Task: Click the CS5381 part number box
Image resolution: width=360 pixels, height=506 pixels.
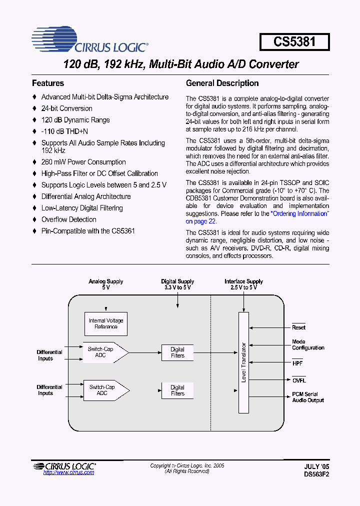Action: [294, 42]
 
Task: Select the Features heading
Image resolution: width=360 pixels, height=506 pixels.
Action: [48, 83]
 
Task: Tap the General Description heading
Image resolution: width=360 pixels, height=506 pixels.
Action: [222, 83]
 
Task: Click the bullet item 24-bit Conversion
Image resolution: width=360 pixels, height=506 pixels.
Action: [66, 108]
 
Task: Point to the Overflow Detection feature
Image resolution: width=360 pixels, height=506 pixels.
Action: [68, 219]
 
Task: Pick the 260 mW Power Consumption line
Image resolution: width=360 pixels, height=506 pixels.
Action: [83, 162]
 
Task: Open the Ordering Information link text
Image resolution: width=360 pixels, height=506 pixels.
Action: [299, 213]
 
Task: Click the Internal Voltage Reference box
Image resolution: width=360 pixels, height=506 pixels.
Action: [106, 323]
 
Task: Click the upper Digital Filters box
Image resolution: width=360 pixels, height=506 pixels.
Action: [177, 352]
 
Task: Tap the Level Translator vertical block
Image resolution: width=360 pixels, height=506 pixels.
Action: [243, 362]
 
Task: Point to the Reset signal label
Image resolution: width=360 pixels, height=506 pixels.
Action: [298, 327]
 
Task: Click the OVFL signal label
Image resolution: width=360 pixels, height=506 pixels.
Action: [299, 380]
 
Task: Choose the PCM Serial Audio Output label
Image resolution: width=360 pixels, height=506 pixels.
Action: [308, 397]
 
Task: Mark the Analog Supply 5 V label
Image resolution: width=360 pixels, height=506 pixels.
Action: [106, 284]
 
